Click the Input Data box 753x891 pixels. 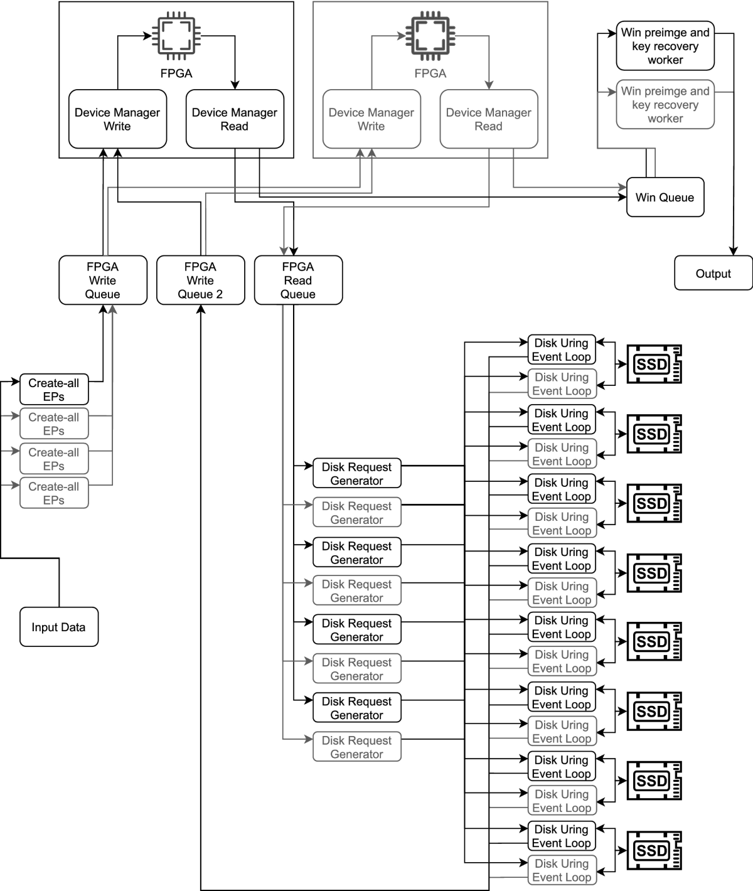pyautogui.click(x=59, y=627)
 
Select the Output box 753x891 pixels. pyautogui.click(x=713, y=273)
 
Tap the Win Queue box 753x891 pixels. pyautogui.click(x=665, y=198)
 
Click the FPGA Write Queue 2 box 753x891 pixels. pyautogui.click(x=200, y=280)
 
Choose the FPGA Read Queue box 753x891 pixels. pyautogui.click(x=298, y=280)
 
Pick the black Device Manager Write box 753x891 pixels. pyautogui.click(x=117, y=119)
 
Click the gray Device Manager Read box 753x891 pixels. pyautogui.click(x=488, y=119)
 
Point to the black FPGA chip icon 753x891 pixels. pyautogui.click(x=176, y=35)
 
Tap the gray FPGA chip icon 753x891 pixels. pyautogui.click(x=430, y=35)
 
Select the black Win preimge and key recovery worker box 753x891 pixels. pyautogui.click(x=665, y=46)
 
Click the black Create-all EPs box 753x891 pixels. pyautogui.click(x=54, y=390)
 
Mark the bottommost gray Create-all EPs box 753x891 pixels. pyautogui.click(x=54, y=493)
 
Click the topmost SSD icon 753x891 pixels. pyautogui.click(x=654, y=364)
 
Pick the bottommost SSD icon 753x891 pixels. pyautogui.click(x=654, y=851)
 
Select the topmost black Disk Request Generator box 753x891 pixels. pyautogui.click(x=356, y=474)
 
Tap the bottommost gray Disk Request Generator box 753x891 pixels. pyautogui.click(x=356, y=747)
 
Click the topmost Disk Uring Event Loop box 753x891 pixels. pyautogui.click(x=561, y=350)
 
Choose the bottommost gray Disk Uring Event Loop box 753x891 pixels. pyautogui.click(x=561, y=870)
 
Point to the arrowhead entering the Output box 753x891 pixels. pyautogui.click(x=733, y=251)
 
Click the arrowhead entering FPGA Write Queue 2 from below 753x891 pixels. pyautogui.click(x=201, y=309)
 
